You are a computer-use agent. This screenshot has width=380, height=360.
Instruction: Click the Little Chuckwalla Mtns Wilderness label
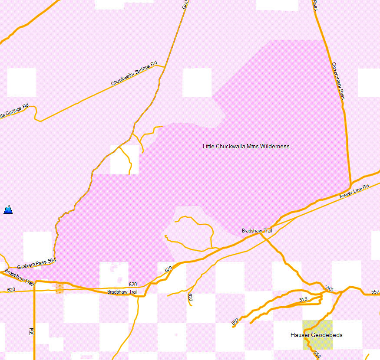[x=246, y=146]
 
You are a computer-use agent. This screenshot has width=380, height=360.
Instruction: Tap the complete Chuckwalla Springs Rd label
[x=134, y=74]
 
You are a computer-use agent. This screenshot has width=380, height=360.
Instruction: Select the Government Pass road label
[x=338, y=81]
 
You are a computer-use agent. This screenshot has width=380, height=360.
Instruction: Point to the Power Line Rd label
[x=354, y=190]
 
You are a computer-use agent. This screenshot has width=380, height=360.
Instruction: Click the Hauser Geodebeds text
[x=316, y=335]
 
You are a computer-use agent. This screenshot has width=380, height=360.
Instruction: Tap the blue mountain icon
[x=8, y=210]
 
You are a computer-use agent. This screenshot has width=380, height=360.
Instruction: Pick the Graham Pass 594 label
[x=36, y=261]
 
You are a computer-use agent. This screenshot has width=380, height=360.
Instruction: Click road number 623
[x=190, y=297]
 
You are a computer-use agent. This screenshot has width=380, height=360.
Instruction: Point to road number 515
[x=303, y=300]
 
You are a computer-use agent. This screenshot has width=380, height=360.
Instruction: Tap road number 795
[x=329, y=288]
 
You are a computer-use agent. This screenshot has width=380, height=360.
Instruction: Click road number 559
[x=317, y=354]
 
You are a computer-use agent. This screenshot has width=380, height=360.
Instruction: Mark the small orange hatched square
[x=60, y=288]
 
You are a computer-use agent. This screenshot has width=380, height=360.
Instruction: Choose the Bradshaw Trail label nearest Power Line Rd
[x=257, y=231]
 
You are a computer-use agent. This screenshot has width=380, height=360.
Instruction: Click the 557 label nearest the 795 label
[x=375, y=292]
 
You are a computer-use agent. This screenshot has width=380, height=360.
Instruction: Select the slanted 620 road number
[x=169, y=269]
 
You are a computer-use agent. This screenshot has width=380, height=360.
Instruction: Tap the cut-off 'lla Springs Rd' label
[x=14, y=111]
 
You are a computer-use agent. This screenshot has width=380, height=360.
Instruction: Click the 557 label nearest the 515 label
[x=235, y=321]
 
